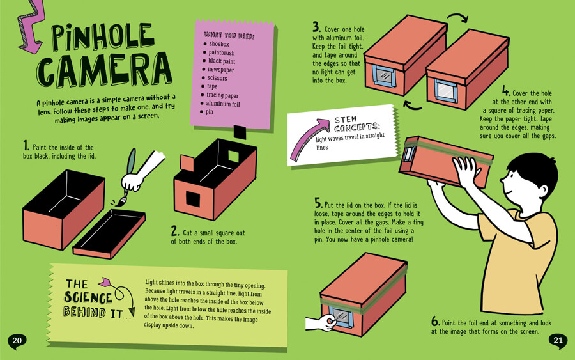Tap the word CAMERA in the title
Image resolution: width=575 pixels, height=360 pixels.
pos(105,69)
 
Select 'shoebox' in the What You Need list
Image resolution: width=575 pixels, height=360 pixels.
pos(219,44)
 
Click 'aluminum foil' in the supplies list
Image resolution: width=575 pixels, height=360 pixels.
pos(222,104)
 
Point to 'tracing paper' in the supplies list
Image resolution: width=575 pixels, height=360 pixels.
pos(222,95)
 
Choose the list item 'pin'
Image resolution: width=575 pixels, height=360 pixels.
pos(210,112)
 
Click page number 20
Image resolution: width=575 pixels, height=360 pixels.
pos(17,340)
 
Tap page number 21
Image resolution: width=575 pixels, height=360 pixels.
pos(558,340)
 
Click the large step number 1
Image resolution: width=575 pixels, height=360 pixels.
pos(26,146)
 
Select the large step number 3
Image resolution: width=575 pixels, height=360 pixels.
pos(316,27)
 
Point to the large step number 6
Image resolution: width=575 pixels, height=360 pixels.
pos(435,322)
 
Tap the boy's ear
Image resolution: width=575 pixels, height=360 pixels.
pos(542,191)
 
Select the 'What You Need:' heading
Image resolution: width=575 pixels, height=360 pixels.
pos(229,36)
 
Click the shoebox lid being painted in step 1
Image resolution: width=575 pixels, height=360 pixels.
pos(109,234)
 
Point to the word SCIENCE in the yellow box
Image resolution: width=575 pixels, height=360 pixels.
pos(88,297)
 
